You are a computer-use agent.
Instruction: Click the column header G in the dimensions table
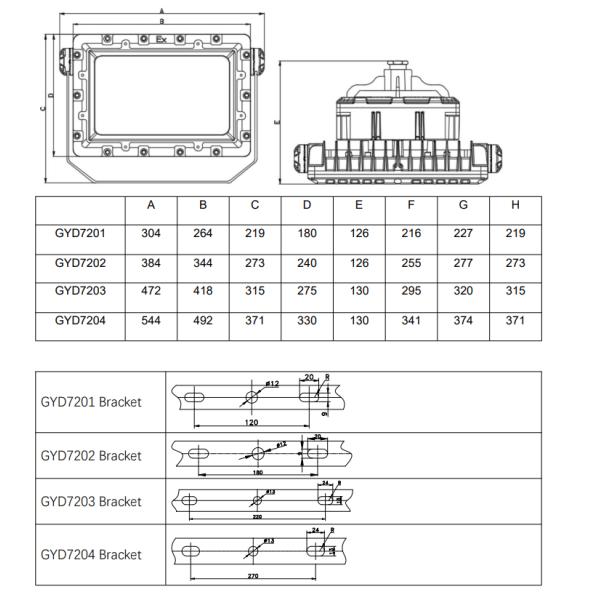(463, 205)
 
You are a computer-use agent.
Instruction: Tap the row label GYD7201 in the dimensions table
(80, 233)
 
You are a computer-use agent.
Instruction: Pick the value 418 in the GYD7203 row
(203, 290)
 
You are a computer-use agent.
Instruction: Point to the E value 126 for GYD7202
(359, 262)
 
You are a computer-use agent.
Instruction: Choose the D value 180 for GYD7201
(307, 233)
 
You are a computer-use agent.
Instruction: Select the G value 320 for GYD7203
(463, 290)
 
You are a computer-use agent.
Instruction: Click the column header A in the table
(151, 205)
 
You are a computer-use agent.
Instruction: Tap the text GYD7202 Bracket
(91, 455)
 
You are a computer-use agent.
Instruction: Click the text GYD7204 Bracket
(91, 554)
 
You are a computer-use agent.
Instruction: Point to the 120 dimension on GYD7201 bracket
(251, 422)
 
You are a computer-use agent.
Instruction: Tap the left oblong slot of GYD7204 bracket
(190, 549)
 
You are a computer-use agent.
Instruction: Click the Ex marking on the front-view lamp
(161, 39)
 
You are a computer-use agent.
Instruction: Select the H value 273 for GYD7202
(515, 262)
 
